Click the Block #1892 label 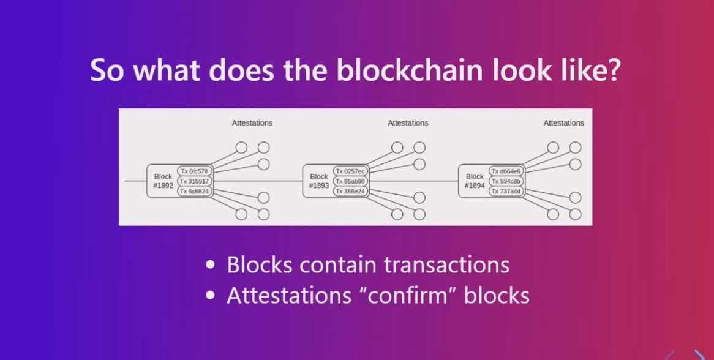pyautogui.click(x=163, y=181)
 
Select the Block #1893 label pyautogui.click(x=319, y=181)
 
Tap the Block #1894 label pyautogui.click(x=475, y=181)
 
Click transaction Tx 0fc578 pyautogui.click(x=195, y=171)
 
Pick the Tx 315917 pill pyautogui.click(x=195, y=181)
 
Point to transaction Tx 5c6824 pyautogui.click(x=195, y=192)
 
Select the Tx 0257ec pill pyautogui.click(x=350, y=171)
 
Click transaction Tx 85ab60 pyautogui.click(x=350, y=181)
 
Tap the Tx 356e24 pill pyautogui.click(x=350, y=192)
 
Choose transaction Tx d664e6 pyautogui.click(x=506, y=171)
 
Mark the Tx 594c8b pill pyautogui.click(x=506, y=181)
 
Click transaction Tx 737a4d pyautogui.click(x=506, y=192)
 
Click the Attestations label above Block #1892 pyautogui.click(x=252, y=123)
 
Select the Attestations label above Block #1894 pyautogui.click(x=563, y=123)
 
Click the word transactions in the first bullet pyautogui.click(x=447, y=265)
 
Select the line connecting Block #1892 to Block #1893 pyautogui.click(x=257, y=181)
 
